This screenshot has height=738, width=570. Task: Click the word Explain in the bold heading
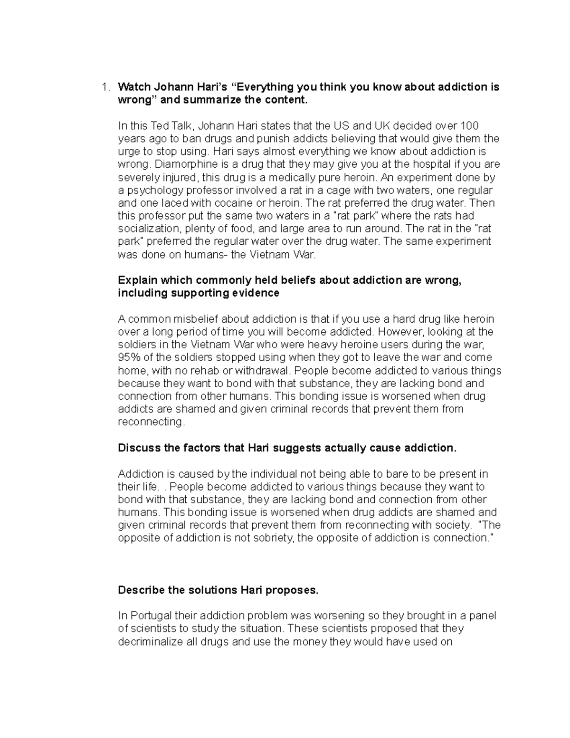coord(137,280)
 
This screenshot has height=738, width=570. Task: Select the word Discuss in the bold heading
coord(138,448)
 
